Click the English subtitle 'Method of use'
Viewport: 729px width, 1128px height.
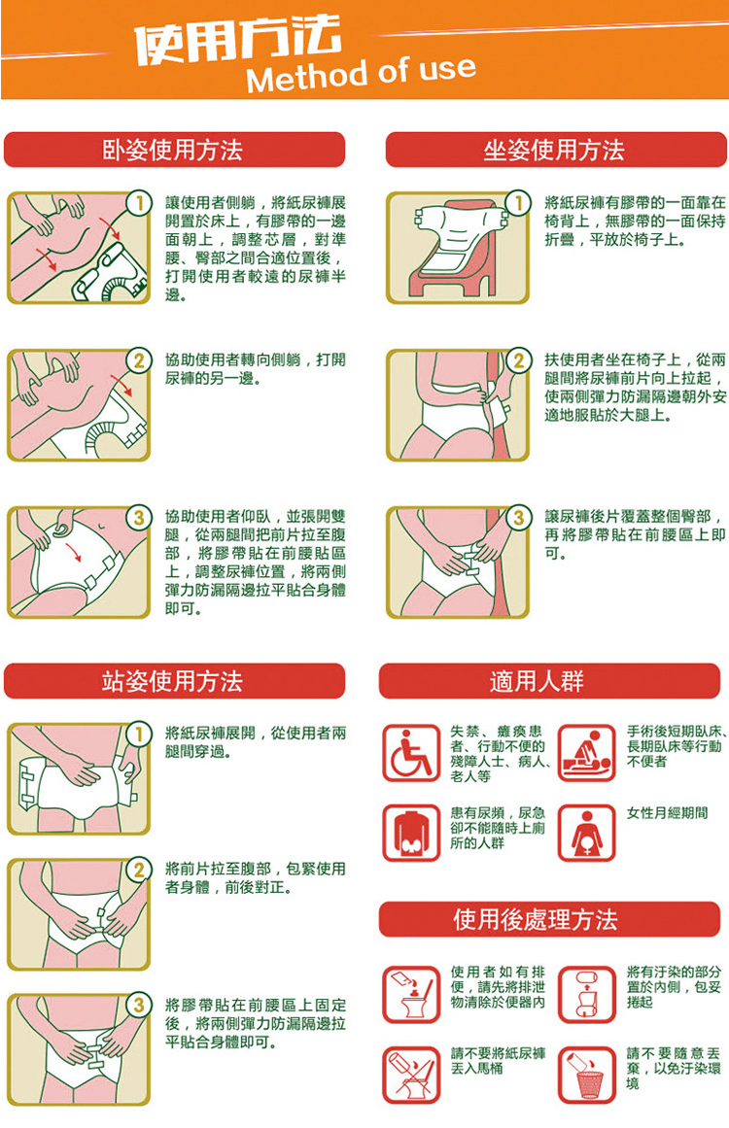click(x=361, y=74)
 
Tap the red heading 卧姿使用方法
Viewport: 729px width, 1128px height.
click(x=174, y=150)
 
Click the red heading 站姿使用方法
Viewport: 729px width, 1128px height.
click(x=174, y=680)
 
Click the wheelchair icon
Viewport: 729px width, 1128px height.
click(x=411, y=753)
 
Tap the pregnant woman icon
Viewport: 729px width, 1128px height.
click(x=586, y=833)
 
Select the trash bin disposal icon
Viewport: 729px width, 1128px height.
click(x=586, y=1075)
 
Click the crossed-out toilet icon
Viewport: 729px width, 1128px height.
click(x=411, y=1075)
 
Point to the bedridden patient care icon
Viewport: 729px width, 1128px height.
click(x=586, y=753)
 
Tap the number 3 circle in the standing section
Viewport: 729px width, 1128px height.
click(x=139, y=1005)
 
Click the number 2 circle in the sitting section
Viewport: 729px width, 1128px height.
click(x=518, y=359)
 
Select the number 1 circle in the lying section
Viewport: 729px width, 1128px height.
click(x=139, y=203)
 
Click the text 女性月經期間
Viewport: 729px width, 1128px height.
click(x=667, y=813)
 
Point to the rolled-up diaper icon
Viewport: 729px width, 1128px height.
click(x=586, y=994)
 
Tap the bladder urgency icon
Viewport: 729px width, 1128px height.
click(x=411, y=833)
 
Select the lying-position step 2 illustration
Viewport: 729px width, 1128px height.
click(x=79, y=405)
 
